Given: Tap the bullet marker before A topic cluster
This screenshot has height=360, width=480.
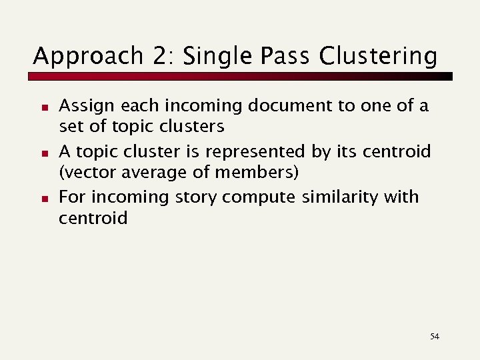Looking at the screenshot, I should click(41, 153).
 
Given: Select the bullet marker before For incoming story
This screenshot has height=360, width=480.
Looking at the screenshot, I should click(41, 199).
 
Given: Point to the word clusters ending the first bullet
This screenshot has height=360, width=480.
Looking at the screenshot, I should click(191, 127).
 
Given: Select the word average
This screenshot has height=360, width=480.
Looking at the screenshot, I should click(147, 173).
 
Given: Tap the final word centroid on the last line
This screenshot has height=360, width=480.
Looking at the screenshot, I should click(93, 218).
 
